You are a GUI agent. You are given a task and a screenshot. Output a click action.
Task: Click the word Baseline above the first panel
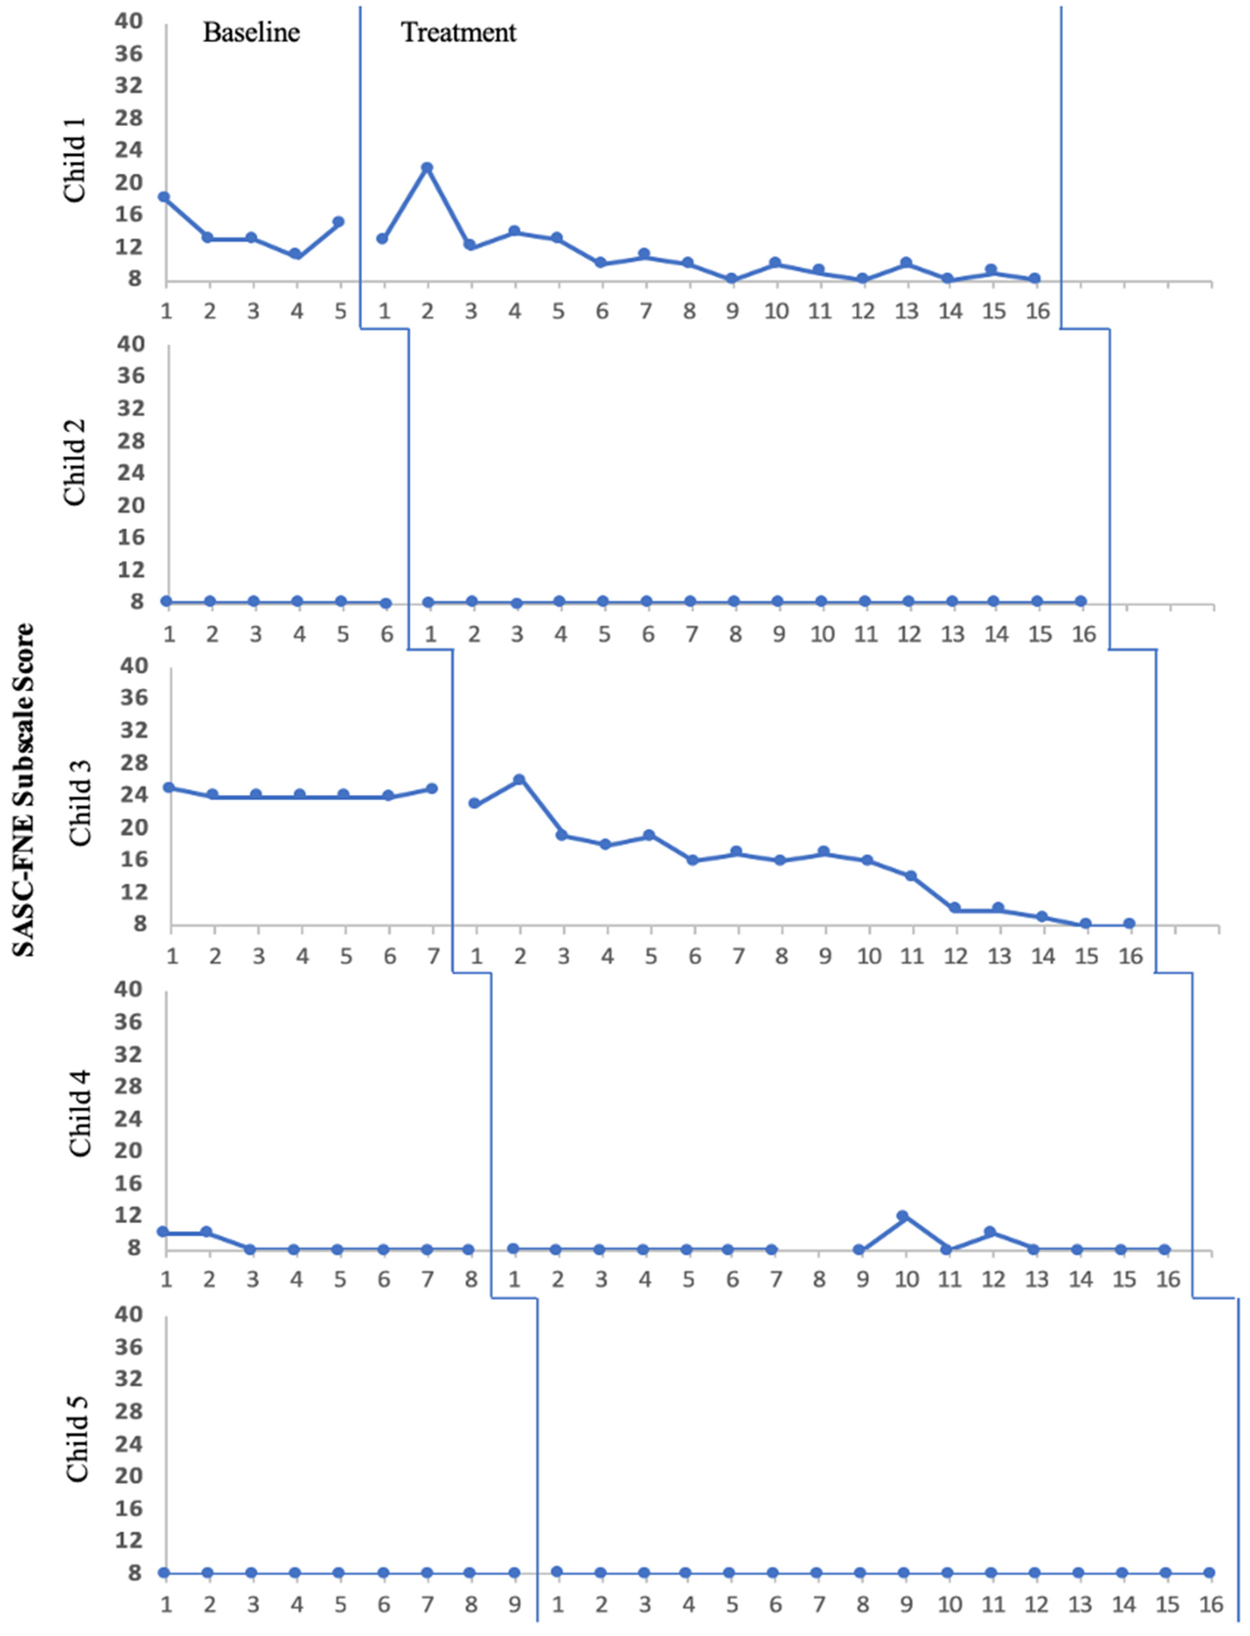251,33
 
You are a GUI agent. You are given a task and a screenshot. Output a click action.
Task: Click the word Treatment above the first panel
458,33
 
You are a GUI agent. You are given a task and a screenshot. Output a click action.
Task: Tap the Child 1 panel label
75,159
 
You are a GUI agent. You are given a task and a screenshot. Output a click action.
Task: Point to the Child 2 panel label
75,463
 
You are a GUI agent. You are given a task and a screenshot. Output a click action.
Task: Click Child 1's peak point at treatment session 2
427,167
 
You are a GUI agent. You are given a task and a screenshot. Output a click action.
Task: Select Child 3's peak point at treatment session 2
519,779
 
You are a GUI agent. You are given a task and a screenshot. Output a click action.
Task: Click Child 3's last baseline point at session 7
432,788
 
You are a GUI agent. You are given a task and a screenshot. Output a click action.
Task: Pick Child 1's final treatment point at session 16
1034,278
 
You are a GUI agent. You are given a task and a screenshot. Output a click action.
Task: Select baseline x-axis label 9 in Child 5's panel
514,1604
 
